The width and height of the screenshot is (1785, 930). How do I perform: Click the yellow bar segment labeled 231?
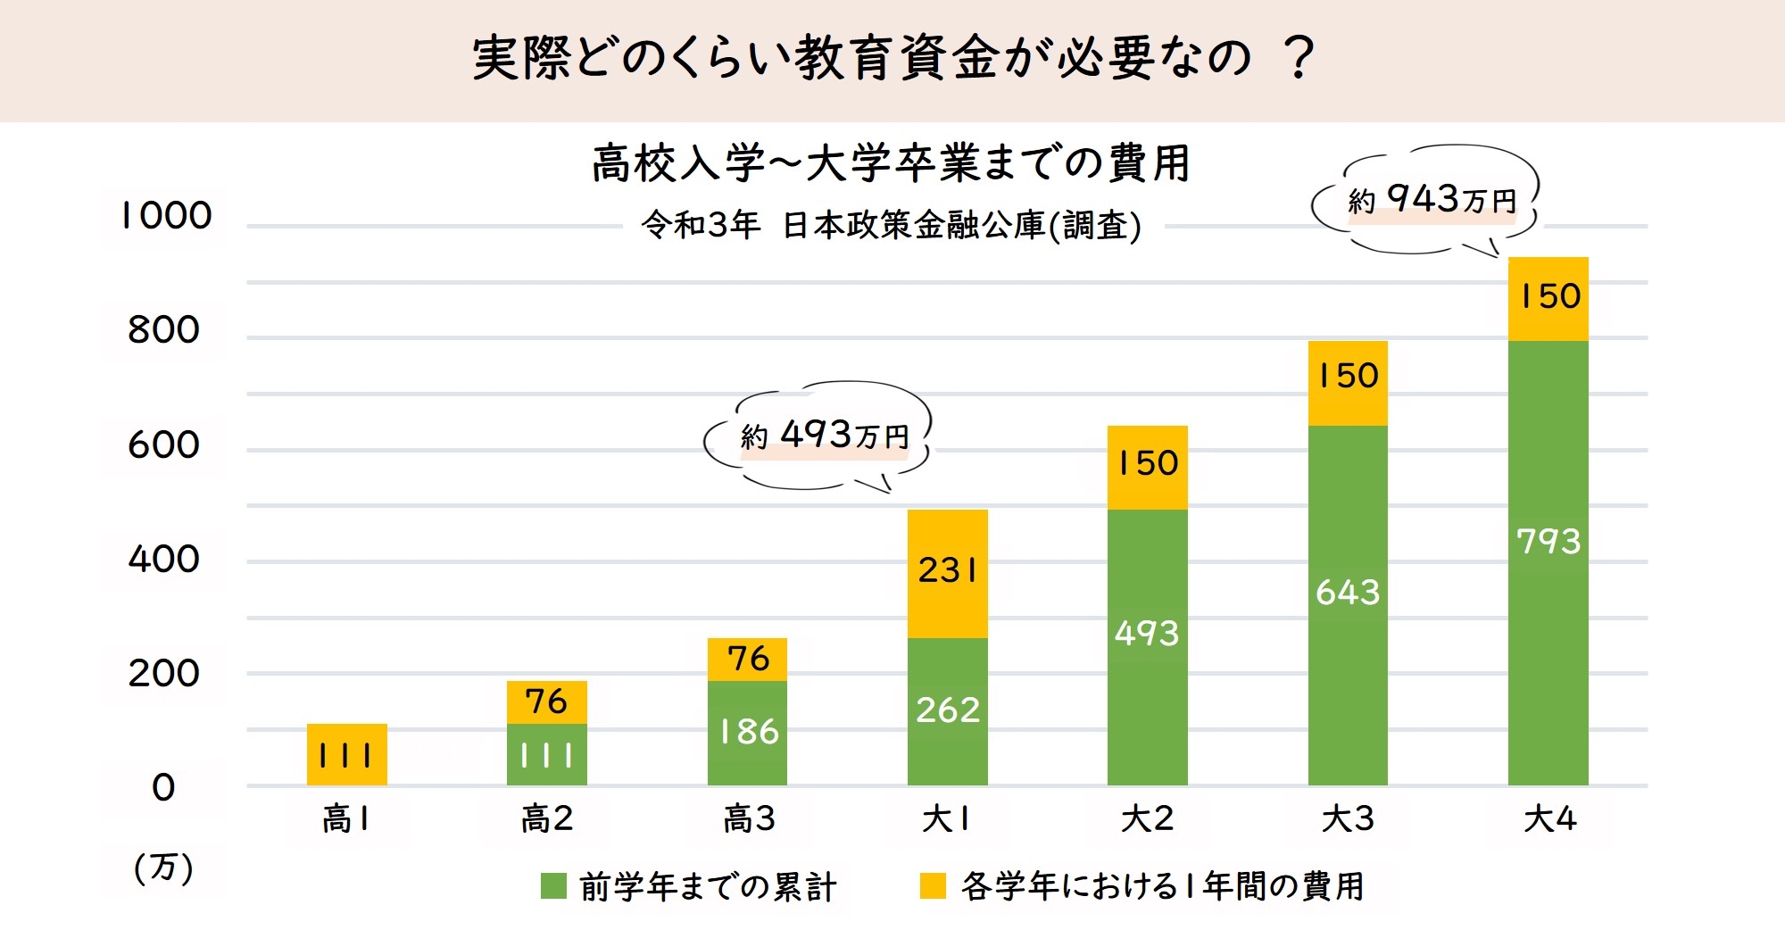947,573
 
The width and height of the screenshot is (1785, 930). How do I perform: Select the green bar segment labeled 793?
1548,562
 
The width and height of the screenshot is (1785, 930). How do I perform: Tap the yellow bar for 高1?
346,755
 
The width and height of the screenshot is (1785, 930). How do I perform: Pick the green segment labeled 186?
747,733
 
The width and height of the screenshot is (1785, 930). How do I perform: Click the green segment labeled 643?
1348,605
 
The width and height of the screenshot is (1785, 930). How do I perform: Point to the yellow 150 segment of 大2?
1147,467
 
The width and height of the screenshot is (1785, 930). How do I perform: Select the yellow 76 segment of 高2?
546,702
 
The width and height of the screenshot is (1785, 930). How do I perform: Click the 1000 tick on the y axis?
167,216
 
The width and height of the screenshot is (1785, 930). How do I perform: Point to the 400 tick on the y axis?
163,560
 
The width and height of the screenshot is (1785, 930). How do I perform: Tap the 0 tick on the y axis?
163,788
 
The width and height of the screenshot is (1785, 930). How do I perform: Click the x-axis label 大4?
1549,818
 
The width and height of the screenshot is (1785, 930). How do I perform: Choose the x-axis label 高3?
748,818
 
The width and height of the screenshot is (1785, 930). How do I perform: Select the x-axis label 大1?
946,818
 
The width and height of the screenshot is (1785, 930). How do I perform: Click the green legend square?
553,886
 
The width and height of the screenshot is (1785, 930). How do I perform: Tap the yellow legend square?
933,886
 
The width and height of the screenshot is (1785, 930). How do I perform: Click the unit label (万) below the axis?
163,868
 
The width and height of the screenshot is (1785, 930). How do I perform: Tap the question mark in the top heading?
1299,59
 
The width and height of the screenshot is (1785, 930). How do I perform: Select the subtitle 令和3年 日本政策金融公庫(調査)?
891,226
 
